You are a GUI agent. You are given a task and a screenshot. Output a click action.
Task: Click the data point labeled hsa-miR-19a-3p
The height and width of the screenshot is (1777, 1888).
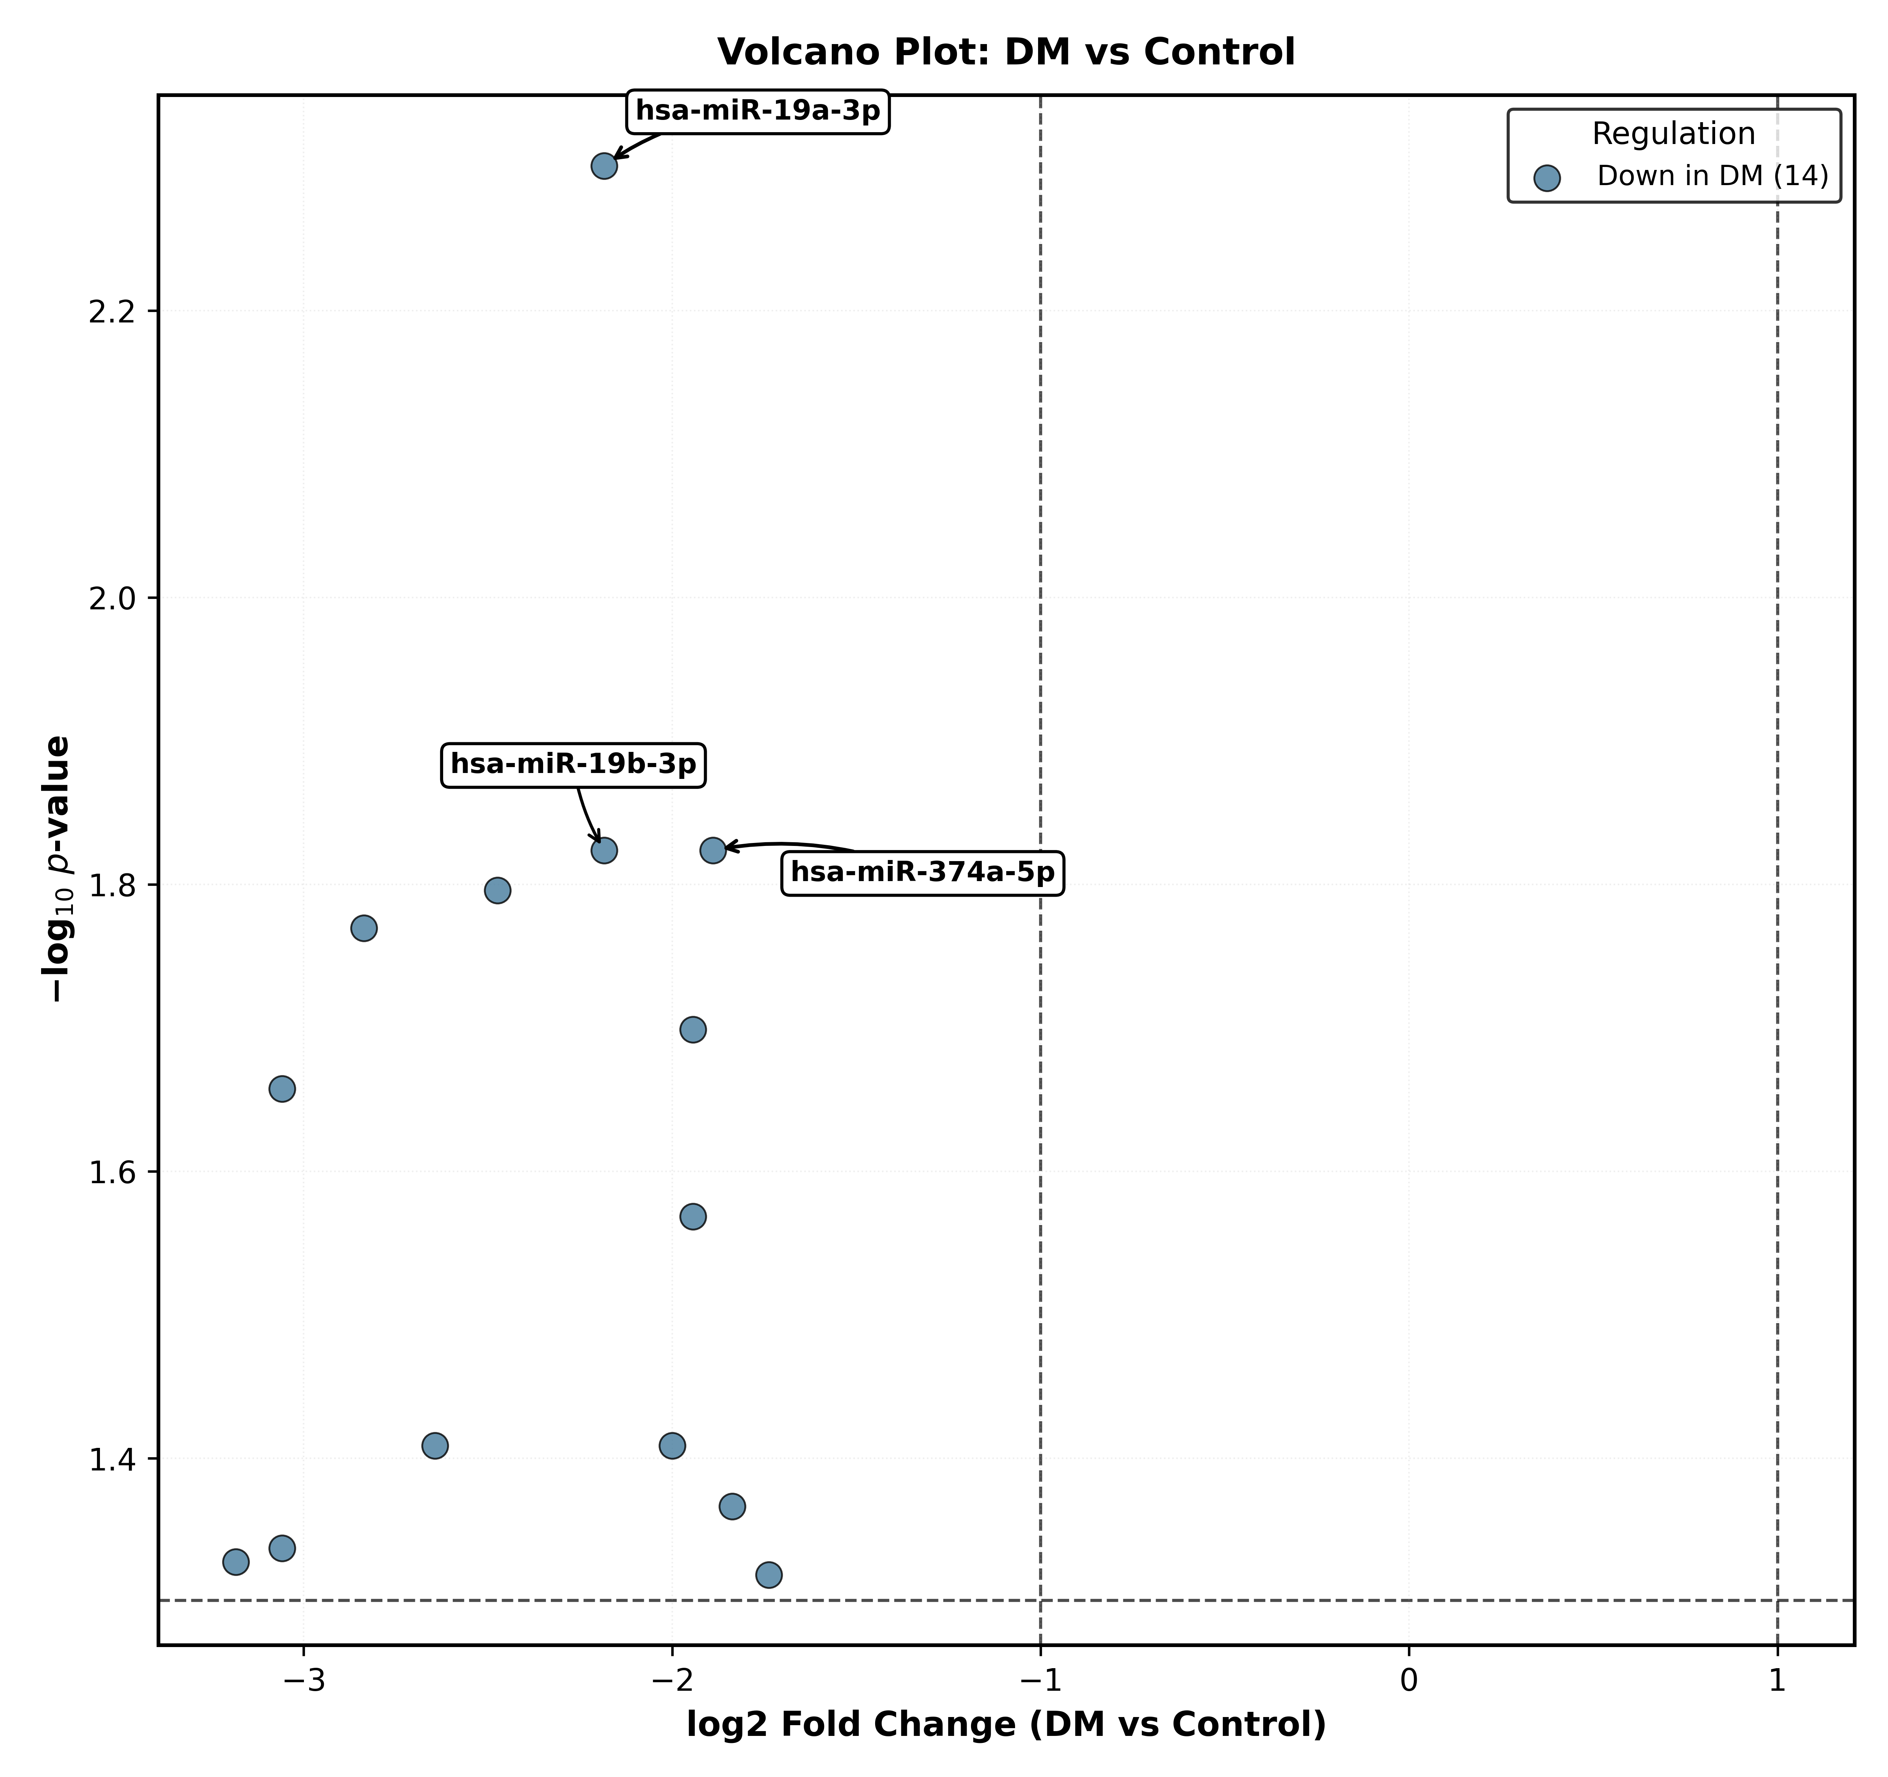604,166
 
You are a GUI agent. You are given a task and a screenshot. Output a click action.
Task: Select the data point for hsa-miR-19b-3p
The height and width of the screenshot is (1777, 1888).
604,850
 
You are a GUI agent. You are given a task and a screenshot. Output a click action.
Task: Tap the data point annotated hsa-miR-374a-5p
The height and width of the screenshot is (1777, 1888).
713,850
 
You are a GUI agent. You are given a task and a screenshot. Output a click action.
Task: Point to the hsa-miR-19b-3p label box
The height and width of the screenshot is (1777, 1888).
573,764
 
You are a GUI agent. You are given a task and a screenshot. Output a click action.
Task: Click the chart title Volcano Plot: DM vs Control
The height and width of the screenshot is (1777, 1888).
1006,52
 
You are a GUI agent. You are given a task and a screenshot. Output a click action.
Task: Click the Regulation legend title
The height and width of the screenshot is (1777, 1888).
1673,134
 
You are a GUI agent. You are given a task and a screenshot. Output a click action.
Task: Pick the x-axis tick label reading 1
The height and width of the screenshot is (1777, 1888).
1777,1680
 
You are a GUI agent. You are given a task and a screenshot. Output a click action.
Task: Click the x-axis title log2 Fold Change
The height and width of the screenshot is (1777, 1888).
1006,1725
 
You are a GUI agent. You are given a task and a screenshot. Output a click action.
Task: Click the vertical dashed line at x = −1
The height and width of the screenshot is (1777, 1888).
1041,869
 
